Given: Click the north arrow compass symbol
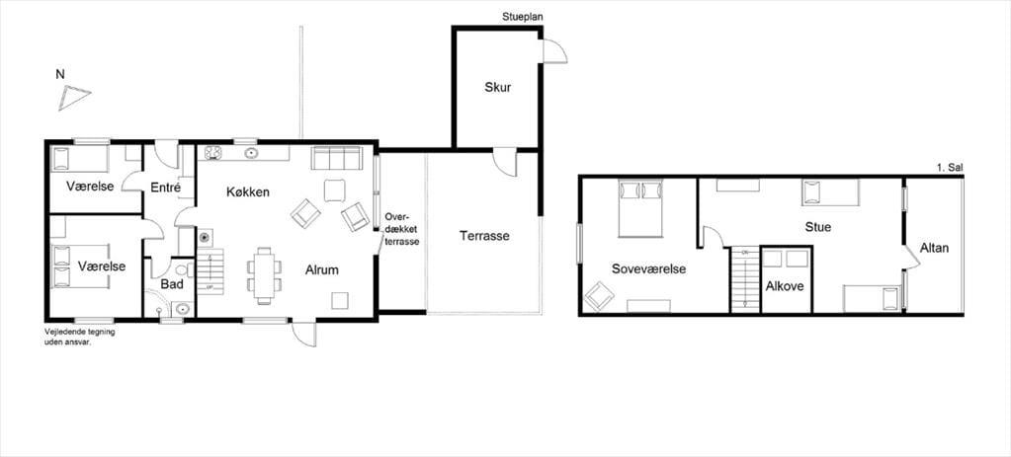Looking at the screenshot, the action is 73,98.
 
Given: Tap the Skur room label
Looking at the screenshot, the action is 498,88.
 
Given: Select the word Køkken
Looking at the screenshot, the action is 248,191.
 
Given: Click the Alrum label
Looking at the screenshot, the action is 322,270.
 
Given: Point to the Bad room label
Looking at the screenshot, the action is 173,284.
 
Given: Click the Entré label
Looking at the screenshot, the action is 165,188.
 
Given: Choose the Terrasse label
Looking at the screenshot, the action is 484,236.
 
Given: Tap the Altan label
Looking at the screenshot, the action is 934,248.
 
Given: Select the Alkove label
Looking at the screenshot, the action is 785,286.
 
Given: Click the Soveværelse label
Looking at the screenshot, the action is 648,269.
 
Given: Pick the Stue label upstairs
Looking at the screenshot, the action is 817,227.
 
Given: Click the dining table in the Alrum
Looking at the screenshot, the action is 264,275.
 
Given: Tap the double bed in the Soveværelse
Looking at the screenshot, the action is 640,208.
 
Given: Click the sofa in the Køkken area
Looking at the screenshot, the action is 335,158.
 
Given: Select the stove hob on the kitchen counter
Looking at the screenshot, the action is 213,153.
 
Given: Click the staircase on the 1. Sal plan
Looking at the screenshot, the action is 745,279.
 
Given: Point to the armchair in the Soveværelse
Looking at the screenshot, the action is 599,296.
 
